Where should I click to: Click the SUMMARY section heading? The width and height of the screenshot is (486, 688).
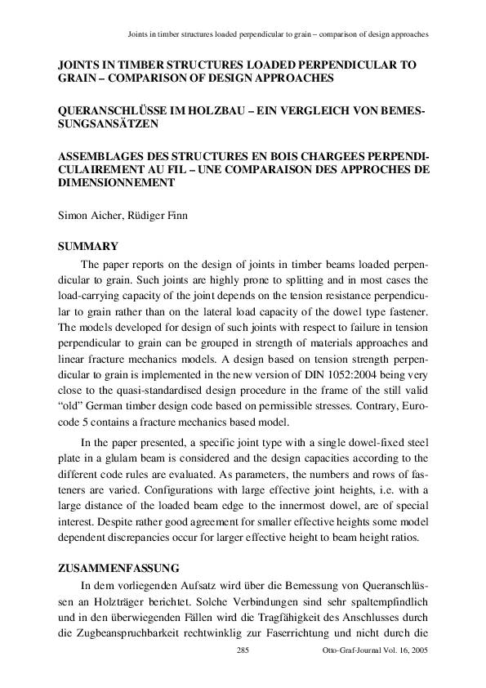coord(89,246)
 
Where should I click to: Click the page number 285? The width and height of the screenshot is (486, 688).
coord(242,650)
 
